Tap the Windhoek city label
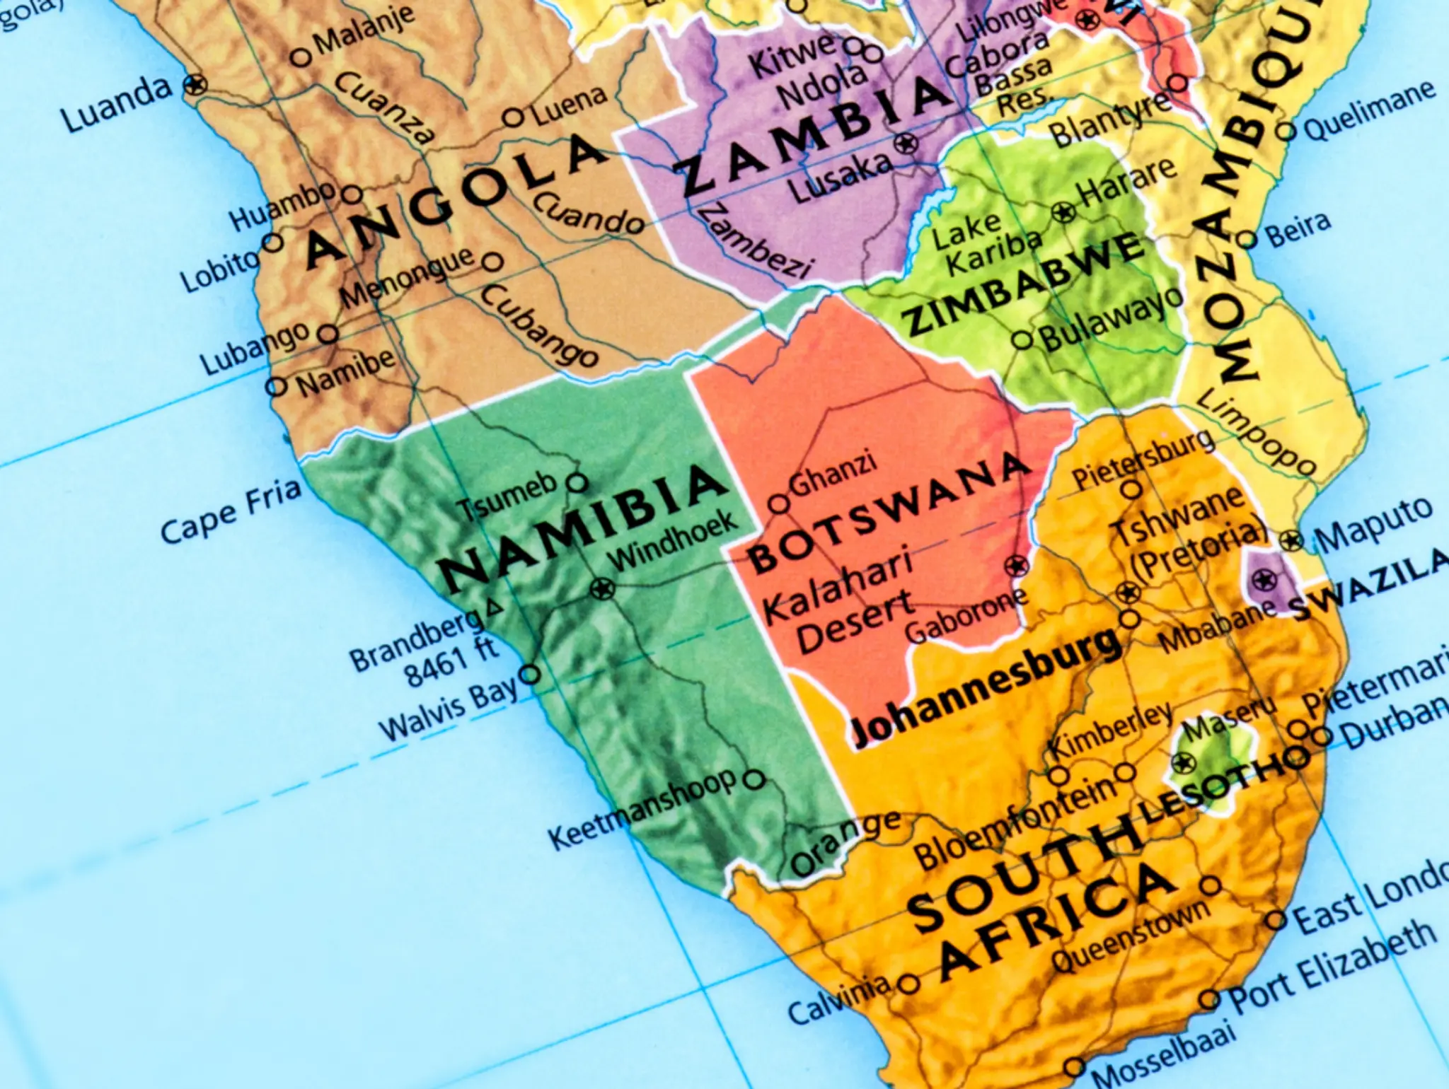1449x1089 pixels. pyautogui.click(x=673, y=541)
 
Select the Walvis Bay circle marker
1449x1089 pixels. pyautogui.click(x=529, y=673)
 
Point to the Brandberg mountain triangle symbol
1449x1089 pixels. pyautogui.click(x=494, y=607)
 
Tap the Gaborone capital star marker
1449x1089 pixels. pyautogui.click(x=1017, y=566)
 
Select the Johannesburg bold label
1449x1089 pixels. pyautogui.click(x=987, y=689)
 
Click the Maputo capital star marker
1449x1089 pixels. pyautogui.click(x=1292, y=542)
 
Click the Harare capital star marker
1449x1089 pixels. pyautogui.click(x=1063, y=211)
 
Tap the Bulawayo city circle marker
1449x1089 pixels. pyautogui.click(x=1023, y=340)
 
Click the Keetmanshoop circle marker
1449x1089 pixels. pyautogui.click(x=756, y=780)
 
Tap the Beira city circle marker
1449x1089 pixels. pyautogui.click(x=1249, y=240)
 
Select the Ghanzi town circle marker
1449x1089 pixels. pyautogui.click(x=779, y=504)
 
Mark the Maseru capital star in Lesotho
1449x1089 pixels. pyautogui.click(x=1182, y=763)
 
